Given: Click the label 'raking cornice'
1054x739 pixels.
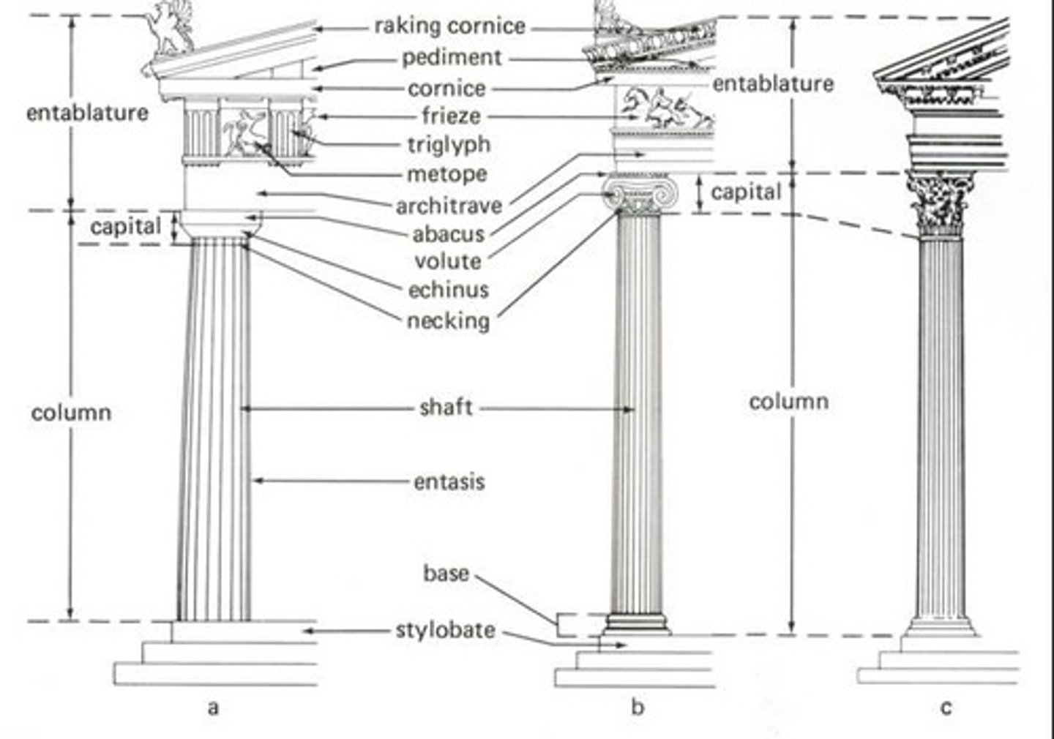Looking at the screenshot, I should [449, 26].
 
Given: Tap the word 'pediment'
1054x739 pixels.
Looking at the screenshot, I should [452, 57].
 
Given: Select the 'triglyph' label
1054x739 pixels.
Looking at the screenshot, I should [449, 145].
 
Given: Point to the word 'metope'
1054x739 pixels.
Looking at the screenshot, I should [446, 175].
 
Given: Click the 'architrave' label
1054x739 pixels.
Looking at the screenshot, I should [449, 206].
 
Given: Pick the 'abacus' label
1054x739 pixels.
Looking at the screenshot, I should [448, 234].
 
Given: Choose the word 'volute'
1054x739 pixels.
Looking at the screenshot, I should [448, 261].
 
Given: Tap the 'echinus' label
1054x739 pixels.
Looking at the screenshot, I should [448, 290].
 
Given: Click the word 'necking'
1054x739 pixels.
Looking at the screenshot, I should [448, 320].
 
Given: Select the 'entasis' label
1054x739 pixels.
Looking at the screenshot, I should [449, 482].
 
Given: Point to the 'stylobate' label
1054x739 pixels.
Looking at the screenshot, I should [445, 630].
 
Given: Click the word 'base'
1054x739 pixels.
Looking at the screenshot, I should [446, 572].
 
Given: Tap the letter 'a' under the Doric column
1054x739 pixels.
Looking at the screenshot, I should [213, 708].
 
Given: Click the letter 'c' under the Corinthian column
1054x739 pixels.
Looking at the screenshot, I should [946, 708].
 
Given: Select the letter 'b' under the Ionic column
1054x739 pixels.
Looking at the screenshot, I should [638, 707].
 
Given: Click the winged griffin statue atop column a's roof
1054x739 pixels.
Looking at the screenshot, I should [170, 29].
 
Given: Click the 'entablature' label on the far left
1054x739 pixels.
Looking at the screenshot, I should [86, 113].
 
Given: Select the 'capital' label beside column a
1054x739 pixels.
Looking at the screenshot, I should [125, 226].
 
